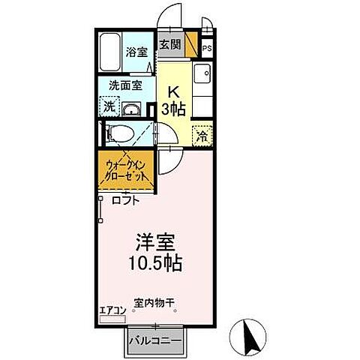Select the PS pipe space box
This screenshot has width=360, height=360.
[208, 49]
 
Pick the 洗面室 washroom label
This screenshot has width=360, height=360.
[125, 86]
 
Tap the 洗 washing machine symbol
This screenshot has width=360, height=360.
[109, 107]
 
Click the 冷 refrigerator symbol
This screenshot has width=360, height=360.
[201, 136]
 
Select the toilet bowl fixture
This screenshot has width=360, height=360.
[120, 135]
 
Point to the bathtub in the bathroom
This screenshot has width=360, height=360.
[111, 50]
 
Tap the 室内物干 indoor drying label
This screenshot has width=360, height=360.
[154, 303]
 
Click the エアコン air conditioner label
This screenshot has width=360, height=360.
[112, 309]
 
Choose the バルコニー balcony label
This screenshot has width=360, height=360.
[154, 340]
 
